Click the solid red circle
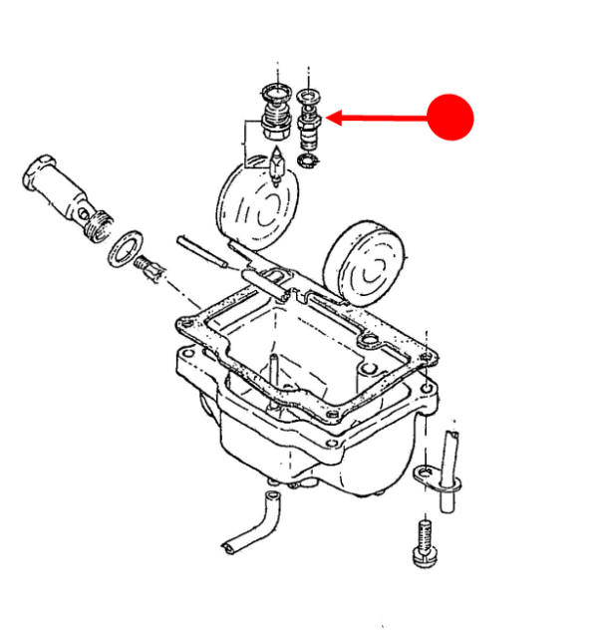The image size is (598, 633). click(450, 118)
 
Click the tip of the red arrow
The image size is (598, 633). click(329, 119)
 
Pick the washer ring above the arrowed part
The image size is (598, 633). click(308, 96)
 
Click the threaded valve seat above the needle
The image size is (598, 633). click(272, 118)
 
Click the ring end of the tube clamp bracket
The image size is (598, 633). click(426, 473)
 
